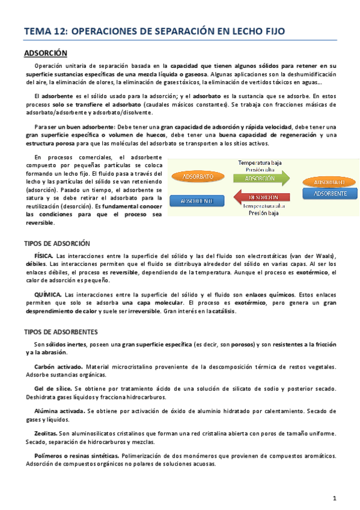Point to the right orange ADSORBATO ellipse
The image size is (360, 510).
click(329, 182)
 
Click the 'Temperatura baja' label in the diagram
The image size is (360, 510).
click(260, 163)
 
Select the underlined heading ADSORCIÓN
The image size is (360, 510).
click(45, 54)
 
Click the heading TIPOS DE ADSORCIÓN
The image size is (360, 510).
click(56, 244)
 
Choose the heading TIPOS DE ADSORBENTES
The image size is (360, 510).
click(60, 332)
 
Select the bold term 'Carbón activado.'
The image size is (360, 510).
click(58, 367)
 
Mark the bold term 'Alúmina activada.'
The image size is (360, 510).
click(59, 411)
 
